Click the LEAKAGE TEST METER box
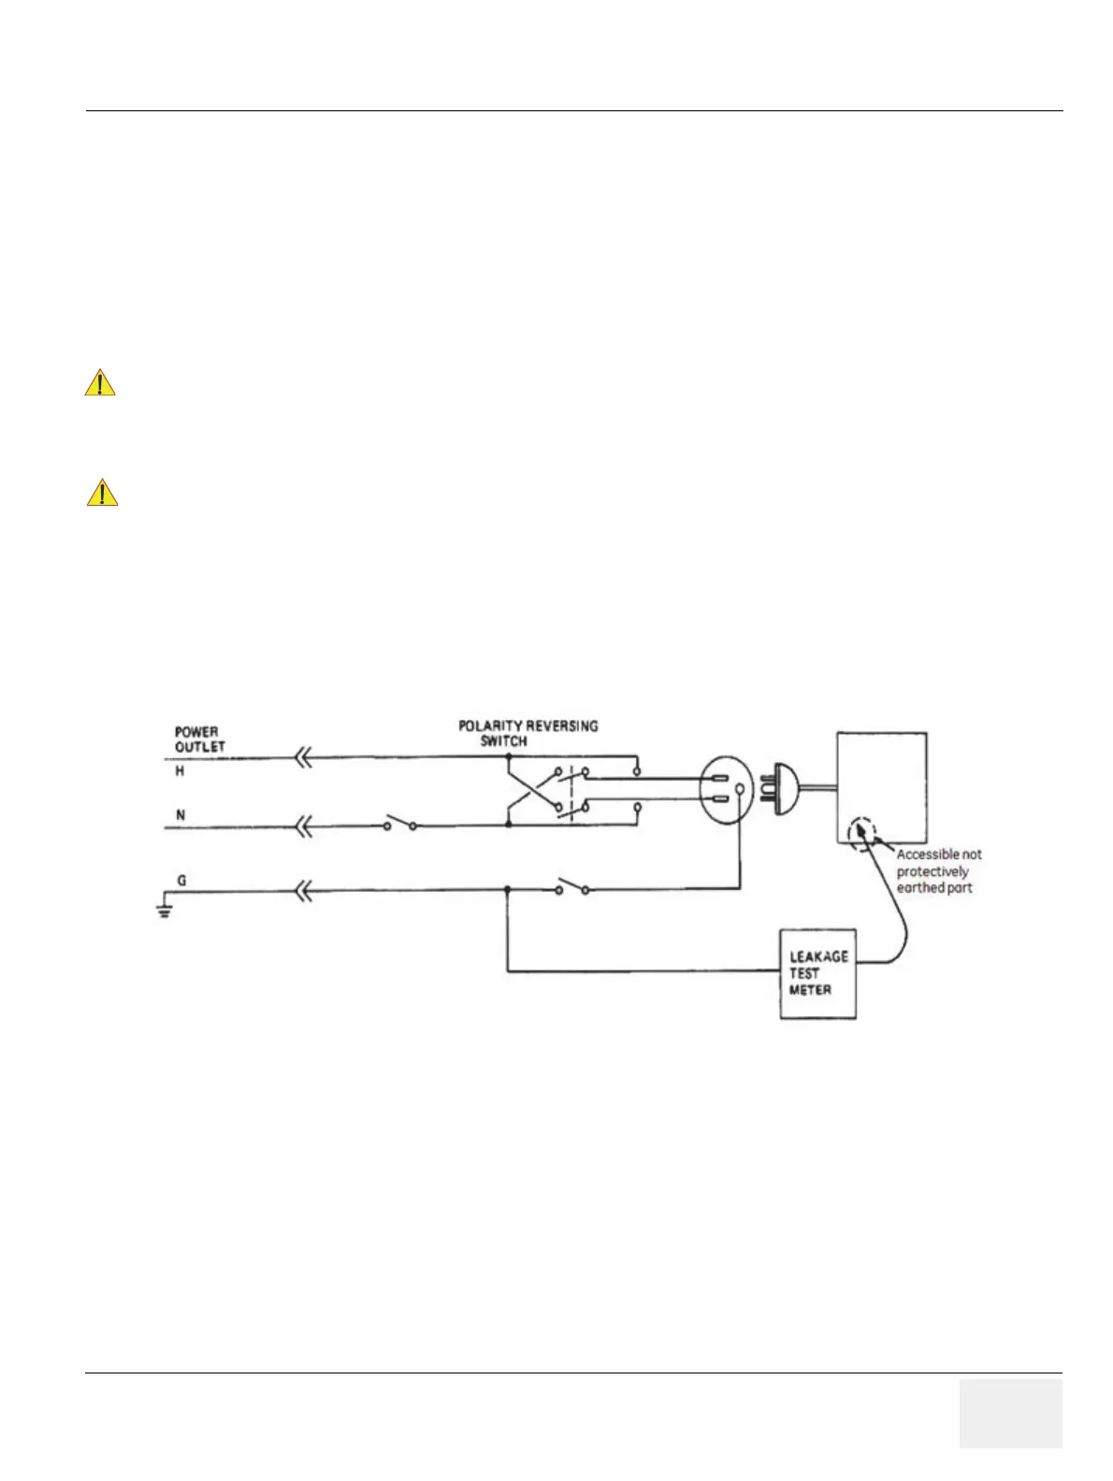point(817,972)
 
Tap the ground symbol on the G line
point(164,909)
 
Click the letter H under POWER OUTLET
point(181,772)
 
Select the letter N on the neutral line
point(181,815)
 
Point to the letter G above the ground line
point(181,881)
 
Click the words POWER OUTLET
point(200,739)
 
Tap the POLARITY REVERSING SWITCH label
point(528,733)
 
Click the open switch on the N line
point(400,825)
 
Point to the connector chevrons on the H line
point(303,758)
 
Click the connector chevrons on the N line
point(303,826)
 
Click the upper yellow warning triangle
point(100,383)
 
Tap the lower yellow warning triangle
point(102,493)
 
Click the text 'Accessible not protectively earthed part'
point(938,870)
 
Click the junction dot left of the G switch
point(507,890)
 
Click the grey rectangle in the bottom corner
point(1010,1413)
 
